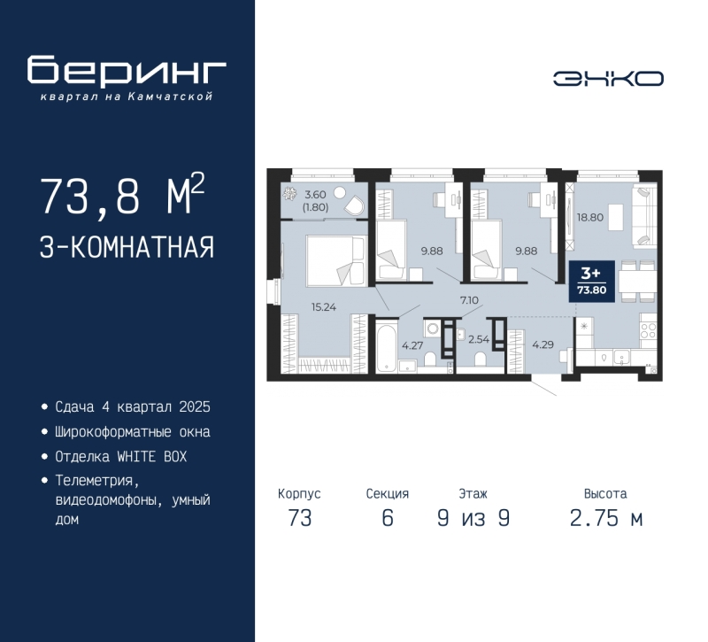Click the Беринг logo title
pos(127,71)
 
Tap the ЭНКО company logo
pos(609,79)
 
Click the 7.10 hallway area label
pos(469,301)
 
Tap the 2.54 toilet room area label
pos(479,337)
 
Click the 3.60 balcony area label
pos(316,195)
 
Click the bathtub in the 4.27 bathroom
pos(387,350)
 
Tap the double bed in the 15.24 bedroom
pos(333,260)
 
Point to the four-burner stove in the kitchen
pos(647,330)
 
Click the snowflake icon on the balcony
pos(289,195)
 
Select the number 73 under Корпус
pos(300,519)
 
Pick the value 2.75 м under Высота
pos(606,519)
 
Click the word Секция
pos(387,494)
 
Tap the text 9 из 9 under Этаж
pos(473,519)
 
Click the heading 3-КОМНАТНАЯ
pos(127,247)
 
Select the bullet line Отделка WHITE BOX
pos(121,457)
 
